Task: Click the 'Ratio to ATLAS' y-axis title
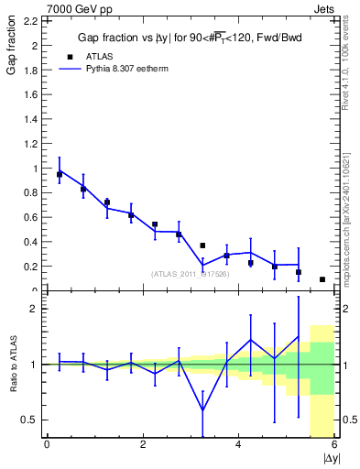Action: pos(11,364)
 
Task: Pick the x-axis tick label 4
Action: pos(239,446)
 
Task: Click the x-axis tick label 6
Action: pos(334,446)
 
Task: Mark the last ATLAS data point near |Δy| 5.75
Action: pos(322,279)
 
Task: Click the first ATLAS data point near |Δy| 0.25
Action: pos(60,173)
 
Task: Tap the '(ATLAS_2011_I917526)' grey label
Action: pos(191,274)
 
